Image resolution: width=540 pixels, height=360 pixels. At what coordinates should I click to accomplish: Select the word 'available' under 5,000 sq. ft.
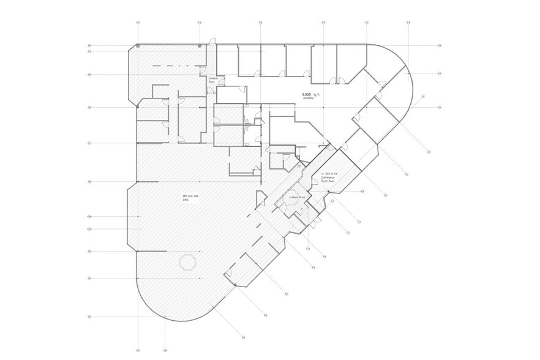pos(307,99)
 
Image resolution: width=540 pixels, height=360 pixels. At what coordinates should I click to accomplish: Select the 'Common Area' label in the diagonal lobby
pos(297,198)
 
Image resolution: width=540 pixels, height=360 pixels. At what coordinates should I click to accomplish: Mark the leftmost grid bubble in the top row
pos(139,23)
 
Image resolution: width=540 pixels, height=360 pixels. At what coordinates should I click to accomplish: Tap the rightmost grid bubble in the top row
pos(407,23)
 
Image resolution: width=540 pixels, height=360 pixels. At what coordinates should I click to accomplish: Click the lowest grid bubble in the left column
pos(89,317)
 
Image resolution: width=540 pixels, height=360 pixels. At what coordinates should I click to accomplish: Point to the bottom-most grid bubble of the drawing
pos(244,337)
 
